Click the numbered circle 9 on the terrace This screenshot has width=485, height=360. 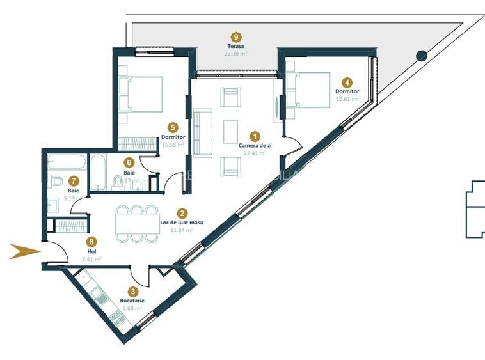(237, 37)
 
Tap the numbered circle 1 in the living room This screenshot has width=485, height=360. (255, 136)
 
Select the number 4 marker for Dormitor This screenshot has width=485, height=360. (347, 82)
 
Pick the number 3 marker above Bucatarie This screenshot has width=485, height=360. (132, 291)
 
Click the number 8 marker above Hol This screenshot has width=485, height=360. (93, 242)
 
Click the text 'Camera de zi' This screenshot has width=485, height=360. (255, 145)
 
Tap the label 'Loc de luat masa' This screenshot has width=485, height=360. (182, 223)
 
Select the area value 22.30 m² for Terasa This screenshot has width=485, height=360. (236, 54)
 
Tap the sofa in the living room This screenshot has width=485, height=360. (202, 132)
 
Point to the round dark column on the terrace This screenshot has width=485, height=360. (422, 56)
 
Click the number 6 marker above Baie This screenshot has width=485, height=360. (129, 163)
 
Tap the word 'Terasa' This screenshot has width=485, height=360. (236, 46)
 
